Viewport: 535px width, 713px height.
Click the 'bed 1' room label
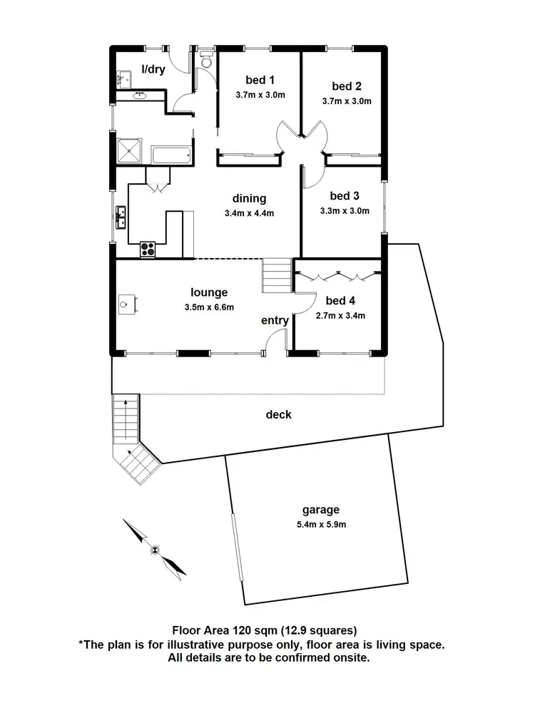[x=260, y=79]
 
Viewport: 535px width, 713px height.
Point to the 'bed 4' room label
[x=340, y=300]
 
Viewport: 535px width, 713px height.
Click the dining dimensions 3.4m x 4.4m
[x=249, y=212]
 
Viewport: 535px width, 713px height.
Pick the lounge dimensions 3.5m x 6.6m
[x=209, y=307]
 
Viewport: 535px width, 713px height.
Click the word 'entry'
[x=275, y=321]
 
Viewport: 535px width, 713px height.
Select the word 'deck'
[x=278, y=414]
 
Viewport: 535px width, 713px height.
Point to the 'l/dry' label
[x=153, y=69]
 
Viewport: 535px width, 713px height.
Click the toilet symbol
[x=207, y=60]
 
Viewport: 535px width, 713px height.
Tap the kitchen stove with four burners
[x=148, y=249]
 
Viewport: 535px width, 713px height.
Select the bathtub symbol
[x=172, y=154]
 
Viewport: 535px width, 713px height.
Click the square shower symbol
[x=131, y=150]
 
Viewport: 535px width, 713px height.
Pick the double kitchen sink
[x=122, y=215]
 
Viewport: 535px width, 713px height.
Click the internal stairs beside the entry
[x=277, y=275]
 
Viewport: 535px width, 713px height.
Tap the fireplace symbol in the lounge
[x=127, y=304]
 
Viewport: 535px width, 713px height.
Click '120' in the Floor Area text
[x=246, y=630]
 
